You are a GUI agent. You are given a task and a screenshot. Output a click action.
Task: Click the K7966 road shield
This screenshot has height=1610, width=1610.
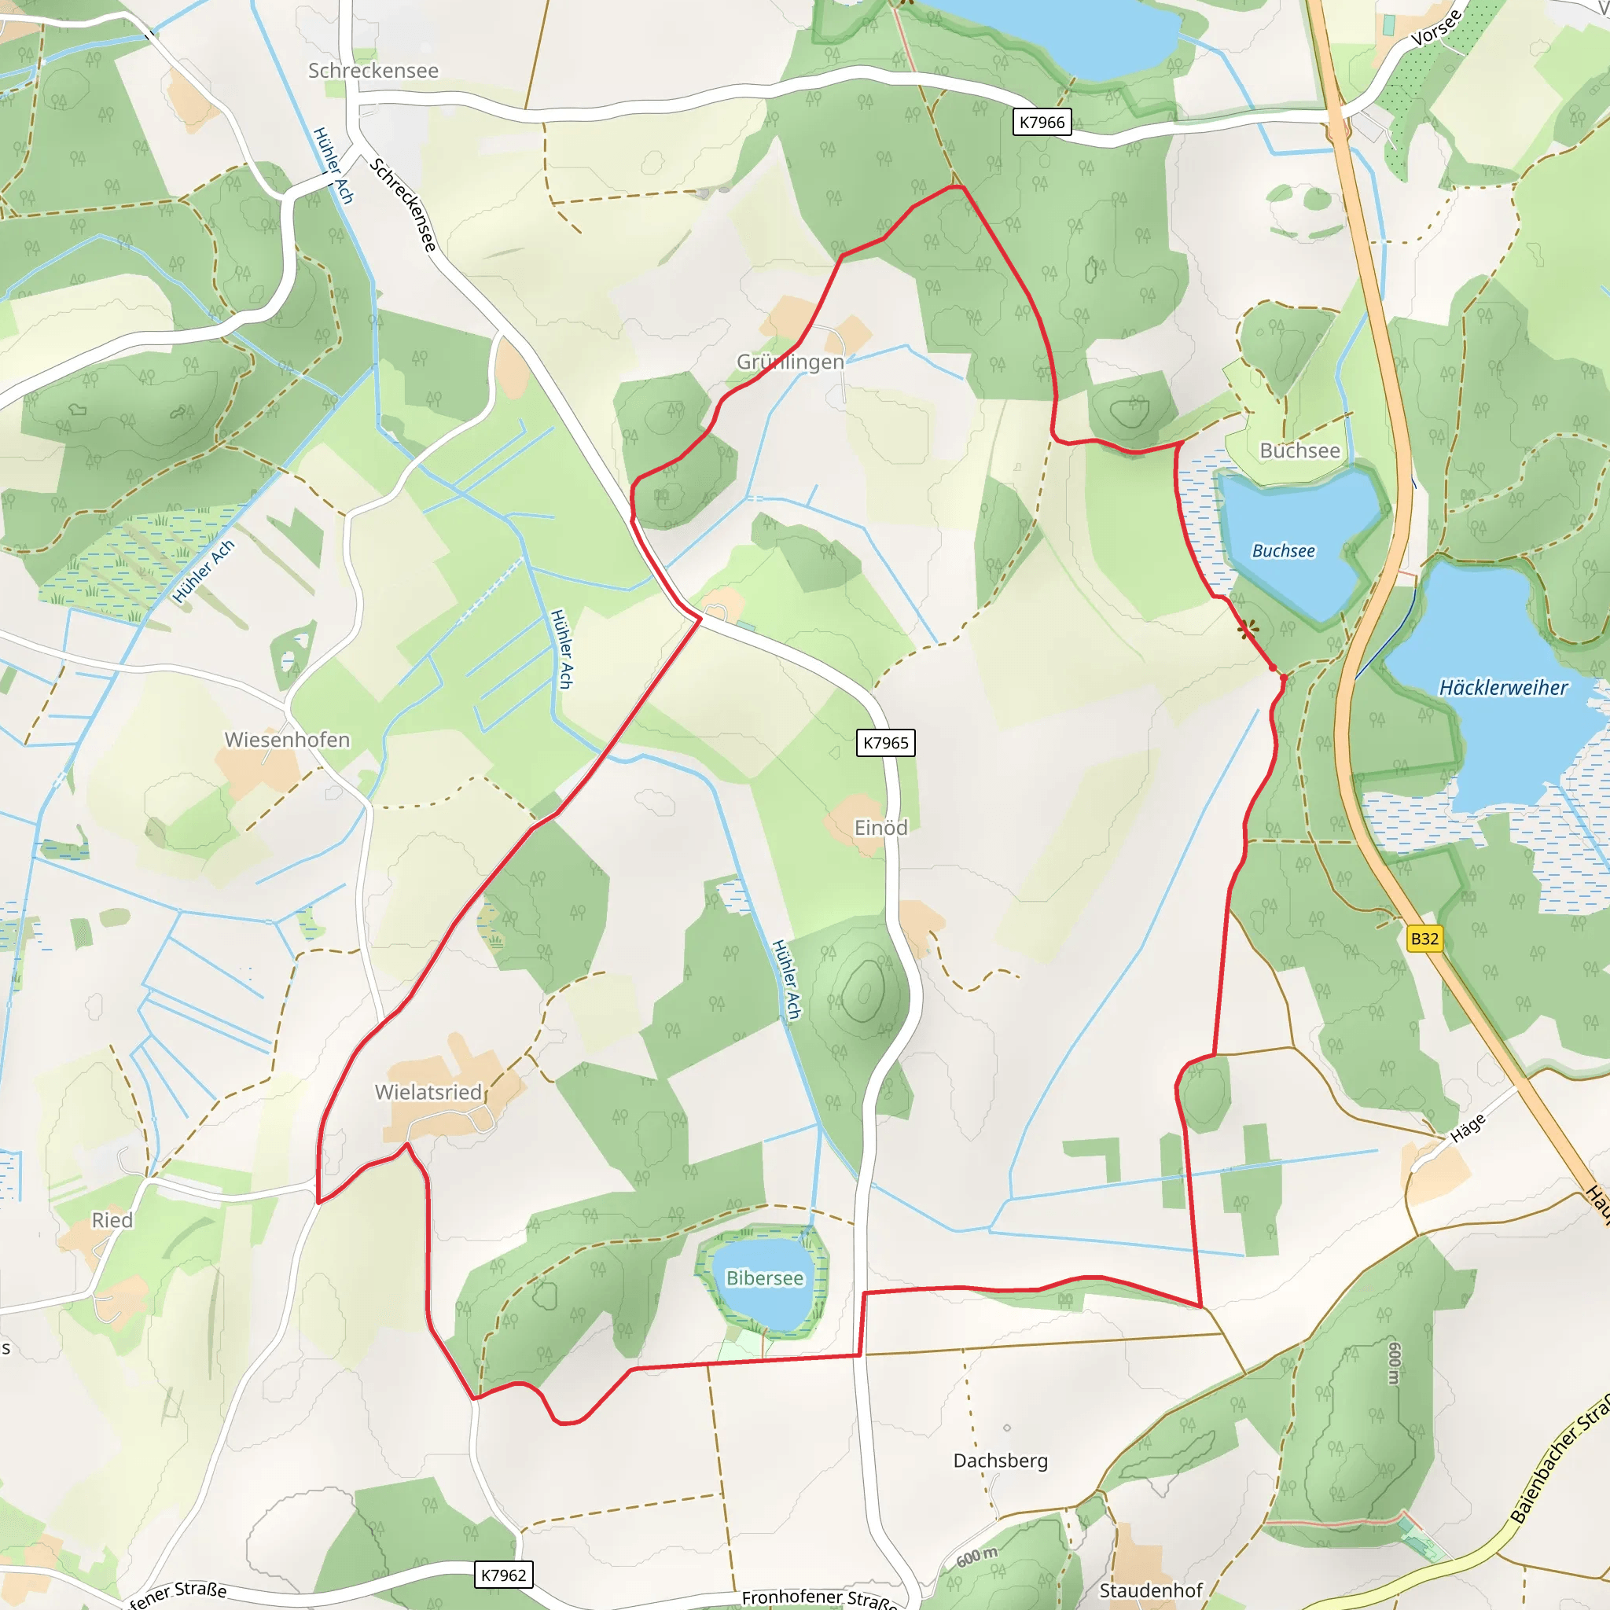[1042, 123]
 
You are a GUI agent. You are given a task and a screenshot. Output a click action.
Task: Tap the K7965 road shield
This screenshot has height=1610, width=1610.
[886, 742]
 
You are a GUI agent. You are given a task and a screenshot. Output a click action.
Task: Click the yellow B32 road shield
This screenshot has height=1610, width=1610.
[1424, 939]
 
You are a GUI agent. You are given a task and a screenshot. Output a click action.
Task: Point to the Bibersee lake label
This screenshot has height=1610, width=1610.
[764, 1277]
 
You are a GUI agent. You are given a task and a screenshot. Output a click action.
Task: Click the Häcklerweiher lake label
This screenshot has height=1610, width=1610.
[1503, 688]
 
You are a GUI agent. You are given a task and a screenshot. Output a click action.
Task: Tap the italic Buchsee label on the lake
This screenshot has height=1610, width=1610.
[1283, 551]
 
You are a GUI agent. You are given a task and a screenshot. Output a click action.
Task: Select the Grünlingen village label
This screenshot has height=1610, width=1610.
[790, 362]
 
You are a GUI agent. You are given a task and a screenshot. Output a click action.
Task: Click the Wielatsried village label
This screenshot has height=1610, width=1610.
[428, 1092]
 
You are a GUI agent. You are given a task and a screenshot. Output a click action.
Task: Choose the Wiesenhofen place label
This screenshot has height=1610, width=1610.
[288, 739]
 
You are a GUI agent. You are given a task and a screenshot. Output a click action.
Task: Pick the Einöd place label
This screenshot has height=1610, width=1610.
[880, 828]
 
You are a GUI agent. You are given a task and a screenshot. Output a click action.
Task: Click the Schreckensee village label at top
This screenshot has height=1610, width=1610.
[373, 71]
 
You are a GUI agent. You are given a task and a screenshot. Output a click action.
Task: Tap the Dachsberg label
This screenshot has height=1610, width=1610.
[1000, 1460]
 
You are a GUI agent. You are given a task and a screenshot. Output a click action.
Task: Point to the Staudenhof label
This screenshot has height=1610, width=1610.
[1151, 1590]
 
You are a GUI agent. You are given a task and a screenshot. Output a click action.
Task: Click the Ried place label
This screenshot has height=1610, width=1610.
[112, 1220]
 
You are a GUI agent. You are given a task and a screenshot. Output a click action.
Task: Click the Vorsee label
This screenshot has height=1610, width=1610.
[1435, 28]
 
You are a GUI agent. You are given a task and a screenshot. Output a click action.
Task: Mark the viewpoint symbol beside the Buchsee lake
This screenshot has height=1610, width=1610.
[1247, 629]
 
